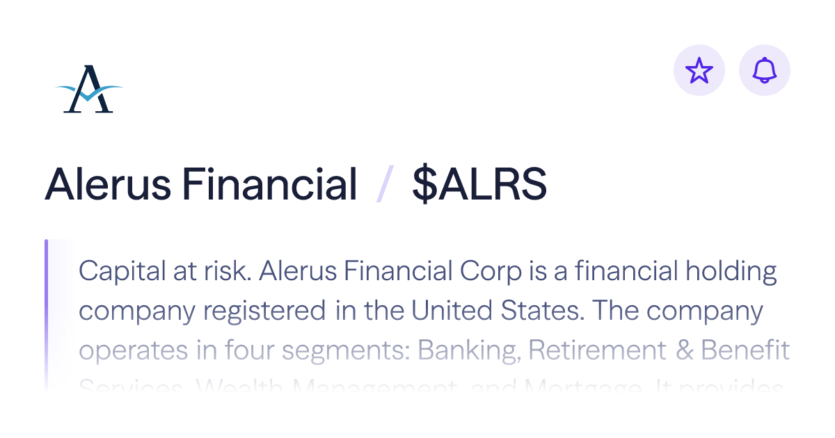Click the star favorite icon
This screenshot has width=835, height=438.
coord(699,70)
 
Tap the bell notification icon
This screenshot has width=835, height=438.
coord(765,70)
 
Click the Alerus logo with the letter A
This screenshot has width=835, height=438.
coord(89,89)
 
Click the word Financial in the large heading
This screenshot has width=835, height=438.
coord(270,185)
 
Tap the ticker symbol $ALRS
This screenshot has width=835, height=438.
coord(479,185)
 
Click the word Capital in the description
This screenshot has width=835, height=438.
coord(119,271)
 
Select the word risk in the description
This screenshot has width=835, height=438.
coord(224,271)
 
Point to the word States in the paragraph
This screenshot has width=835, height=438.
coord(543,311)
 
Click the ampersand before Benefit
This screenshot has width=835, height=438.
coord(685,350)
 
